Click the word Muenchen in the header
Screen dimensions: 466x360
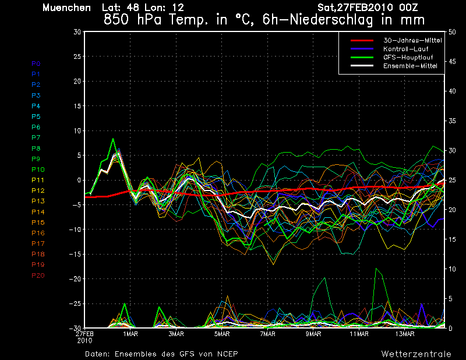click(66, 8)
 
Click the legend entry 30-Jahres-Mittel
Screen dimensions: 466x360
click(412, 40)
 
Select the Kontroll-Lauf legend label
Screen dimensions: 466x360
click(405, 49)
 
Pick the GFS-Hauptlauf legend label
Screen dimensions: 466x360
click(408, 57)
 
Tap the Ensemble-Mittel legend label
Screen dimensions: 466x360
click(410, 66)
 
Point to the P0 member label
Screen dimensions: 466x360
click(36, 63)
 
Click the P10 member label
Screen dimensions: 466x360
click(38, 170)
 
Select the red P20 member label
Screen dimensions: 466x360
click(38, 276)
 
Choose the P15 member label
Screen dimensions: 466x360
click(38, 223)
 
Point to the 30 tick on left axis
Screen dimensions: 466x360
click(77, 31)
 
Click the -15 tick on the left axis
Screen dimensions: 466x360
click(75, 254)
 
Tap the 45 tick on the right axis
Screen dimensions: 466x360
click(452, 62)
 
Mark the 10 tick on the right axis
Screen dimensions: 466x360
click(452, 269)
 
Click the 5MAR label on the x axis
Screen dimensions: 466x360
click(222, 334)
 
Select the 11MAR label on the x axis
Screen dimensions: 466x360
click(359, 334)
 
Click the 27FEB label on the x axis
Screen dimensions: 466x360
click(84, 334)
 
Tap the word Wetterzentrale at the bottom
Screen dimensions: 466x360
click(416, 354)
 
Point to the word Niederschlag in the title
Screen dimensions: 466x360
click(331, 20)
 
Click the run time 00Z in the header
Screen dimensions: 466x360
click(409, 8)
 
